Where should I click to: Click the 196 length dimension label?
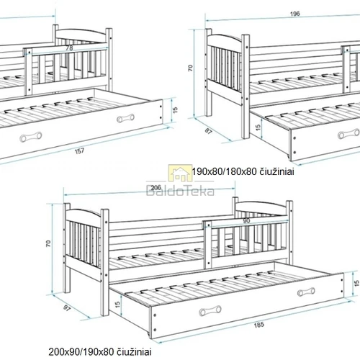pyautogui.click(x=295, y=14)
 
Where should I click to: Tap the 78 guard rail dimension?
pyautogui.click(x=69, y=48)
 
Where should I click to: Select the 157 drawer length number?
pyautogui.click(x=79, y=151)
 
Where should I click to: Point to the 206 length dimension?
pyautogui.click(x=156, y=187)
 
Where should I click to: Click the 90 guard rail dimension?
pyautogui.click(x=246, y=221)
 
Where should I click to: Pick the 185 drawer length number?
pyautogui.click(x=259, y=325)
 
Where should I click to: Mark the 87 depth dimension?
pyautogui.click(x=209, y=131)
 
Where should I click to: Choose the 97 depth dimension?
pyautogui.click(x=67, y=308)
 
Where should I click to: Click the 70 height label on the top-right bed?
pyautogui.click(x=190, y=68)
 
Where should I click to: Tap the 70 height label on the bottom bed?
pyautogui.click(x=48, y=243)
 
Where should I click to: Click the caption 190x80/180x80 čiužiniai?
pyautogui.click(x=243, y=172)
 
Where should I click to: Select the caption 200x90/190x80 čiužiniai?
pyautogui.click(x=100, y=352)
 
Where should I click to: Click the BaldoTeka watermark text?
pyautogui.click(x=180, y=192)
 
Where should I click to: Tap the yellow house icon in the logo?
pyautogui.click(x=180, y=173)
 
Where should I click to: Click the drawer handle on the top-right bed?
pyautogui.click(x=348, y=134)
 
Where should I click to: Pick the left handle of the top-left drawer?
pyautogui.click(x=31, y=138)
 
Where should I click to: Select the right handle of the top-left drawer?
pyautogui.click(x=125, y=118)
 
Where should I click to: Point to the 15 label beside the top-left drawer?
pyautogui.click(x=176, y=110)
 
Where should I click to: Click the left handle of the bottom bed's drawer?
pyautogui.click(x=210, y=311)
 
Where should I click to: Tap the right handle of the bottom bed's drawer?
pyautogui.click(x=306, y=292)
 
